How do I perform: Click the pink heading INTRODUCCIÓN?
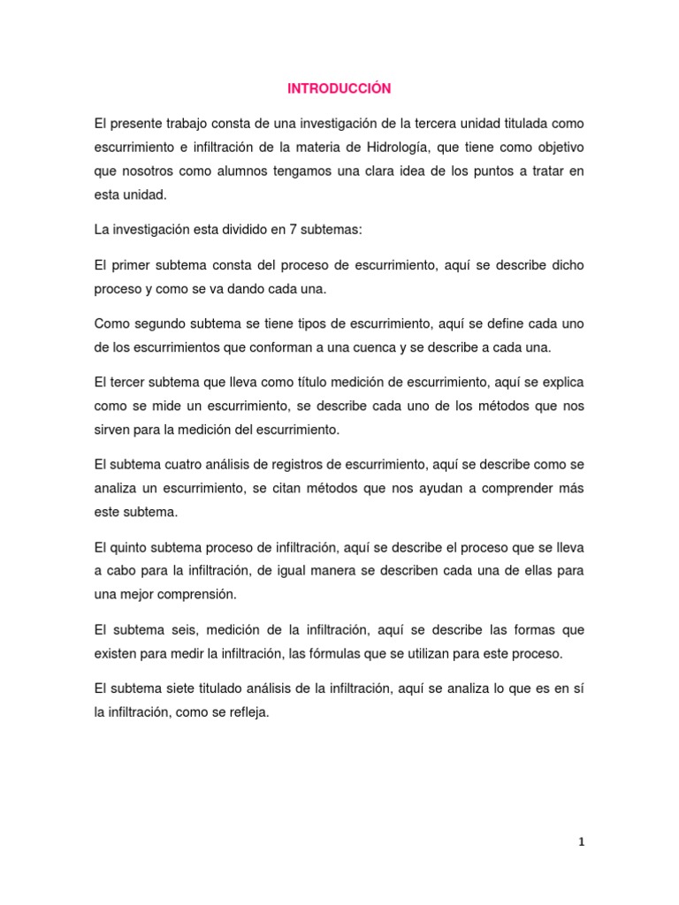(339, 89)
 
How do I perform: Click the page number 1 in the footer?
(582, 843)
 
